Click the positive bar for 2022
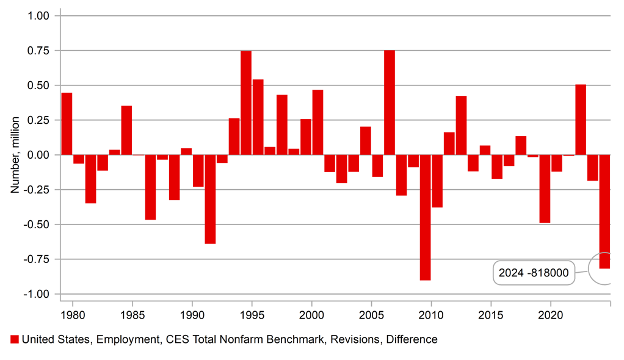(581, 120)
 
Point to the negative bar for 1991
(210, 199)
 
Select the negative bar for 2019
(545, 189)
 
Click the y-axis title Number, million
(15, 155)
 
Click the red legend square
(15, 339)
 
